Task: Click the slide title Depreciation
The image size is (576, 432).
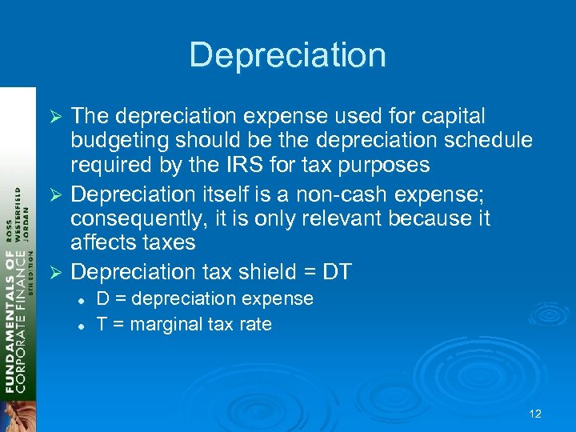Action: coord(287,54)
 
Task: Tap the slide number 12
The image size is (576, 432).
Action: coord(535,414)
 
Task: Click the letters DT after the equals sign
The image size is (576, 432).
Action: coord(336,271)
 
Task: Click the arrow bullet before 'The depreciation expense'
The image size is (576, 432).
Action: coord(56,117)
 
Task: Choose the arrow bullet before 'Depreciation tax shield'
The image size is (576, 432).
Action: coord(56,272)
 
